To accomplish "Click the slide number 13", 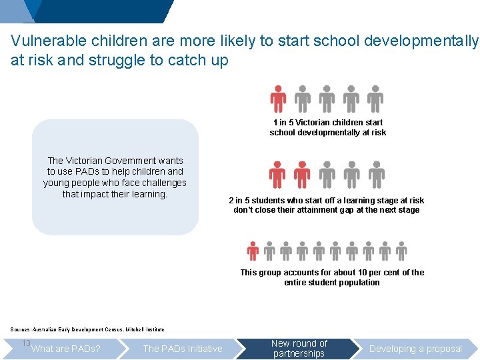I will click(x=26, y=343).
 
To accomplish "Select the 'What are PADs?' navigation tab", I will click(x=66, y=349).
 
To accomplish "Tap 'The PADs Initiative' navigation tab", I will click(x=183, y=349).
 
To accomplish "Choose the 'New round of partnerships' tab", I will click(x=299, y=348).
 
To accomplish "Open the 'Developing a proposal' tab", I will click(x=415, y=349).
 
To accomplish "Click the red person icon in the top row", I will click(x=278, y=99).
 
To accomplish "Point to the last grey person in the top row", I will click(x=375, y=99).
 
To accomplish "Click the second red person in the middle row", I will click(x=302, y=175).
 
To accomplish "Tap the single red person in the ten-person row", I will click(x=253, y=251).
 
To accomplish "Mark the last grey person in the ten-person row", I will click(x=401, y=251).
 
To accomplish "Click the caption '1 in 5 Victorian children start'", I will click(x=328, y=123).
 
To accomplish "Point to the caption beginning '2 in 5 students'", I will click(x=326, y=201).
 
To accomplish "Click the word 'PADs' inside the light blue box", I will click(x=93, y=172).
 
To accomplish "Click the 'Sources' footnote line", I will click(x=87, y=329).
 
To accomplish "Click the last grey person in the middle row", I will click(x=377, y=175).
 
